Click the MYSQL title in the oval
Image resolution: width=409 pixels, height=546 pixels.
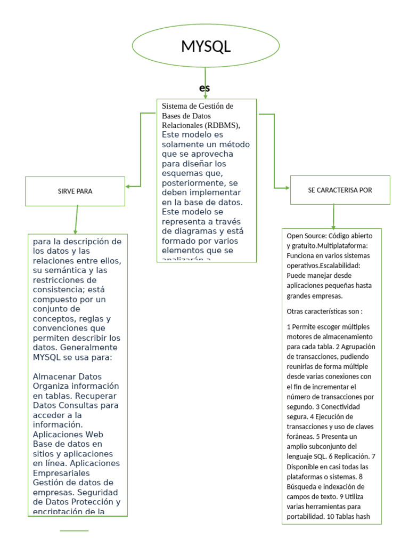[x=206, y=46]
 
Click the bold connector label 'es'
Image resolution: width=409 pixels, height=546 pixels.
[x=204, y=87]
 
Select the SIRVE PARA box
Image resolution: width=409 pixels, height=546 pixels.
[x=75, y=191]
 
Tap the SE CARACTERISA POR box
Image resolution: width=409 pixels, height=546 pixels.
[x=340, y=190]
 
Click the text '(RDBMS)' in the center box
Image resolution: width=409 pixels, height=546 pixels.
[x=223, y=125]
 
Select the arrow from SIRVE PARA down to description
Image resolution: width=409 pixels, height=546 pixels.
[x=77, y=219]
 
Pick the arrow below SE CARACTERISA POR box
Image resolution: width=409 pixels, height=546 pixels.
[x=333, y=216]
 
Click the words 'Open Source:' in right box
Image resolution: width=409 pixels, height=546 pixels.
[x=306, y=236]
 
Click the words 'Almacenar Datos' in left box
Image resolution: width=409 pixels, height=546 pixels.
[x=67, y=376]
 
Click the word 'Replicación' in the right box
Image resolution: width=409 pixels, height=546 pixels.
[x=351, y=456]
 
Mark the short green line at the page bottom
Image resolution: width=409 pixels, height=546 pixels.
[x=74, y=531]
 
